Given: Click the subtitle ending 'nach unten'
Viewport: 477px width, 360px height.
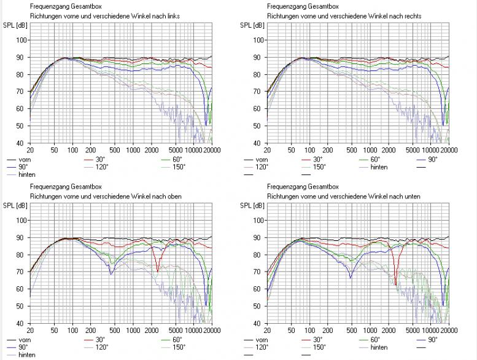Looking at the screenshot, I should [x=328, y=195].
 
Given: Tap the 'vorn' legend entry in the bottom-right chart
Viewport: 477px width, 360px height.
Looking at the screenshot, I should [x=263, y=339].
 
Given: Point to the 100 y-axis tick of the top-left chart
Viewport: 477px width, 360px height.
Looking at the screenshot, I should [x=21, y=40].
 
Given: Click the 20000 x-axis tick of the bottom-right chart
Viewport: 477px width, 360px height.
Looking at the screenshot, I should [x=449, y=330].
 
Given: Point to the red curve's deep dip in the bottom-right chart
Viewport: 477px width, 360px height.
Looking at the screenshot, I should [x=395, y=284].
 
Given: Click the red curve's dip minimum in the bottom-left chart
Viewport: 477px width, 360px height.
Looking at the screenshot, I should [x=158, y=270].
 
